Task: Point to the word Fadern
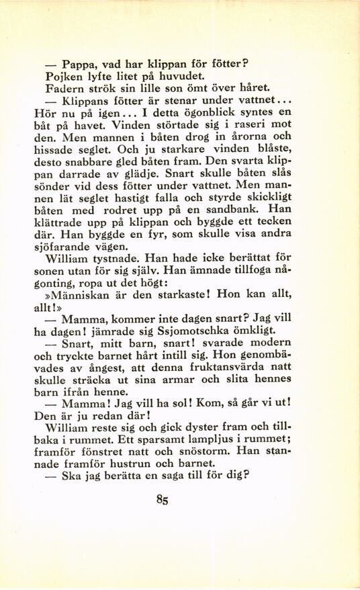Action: tap(63, 87)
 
